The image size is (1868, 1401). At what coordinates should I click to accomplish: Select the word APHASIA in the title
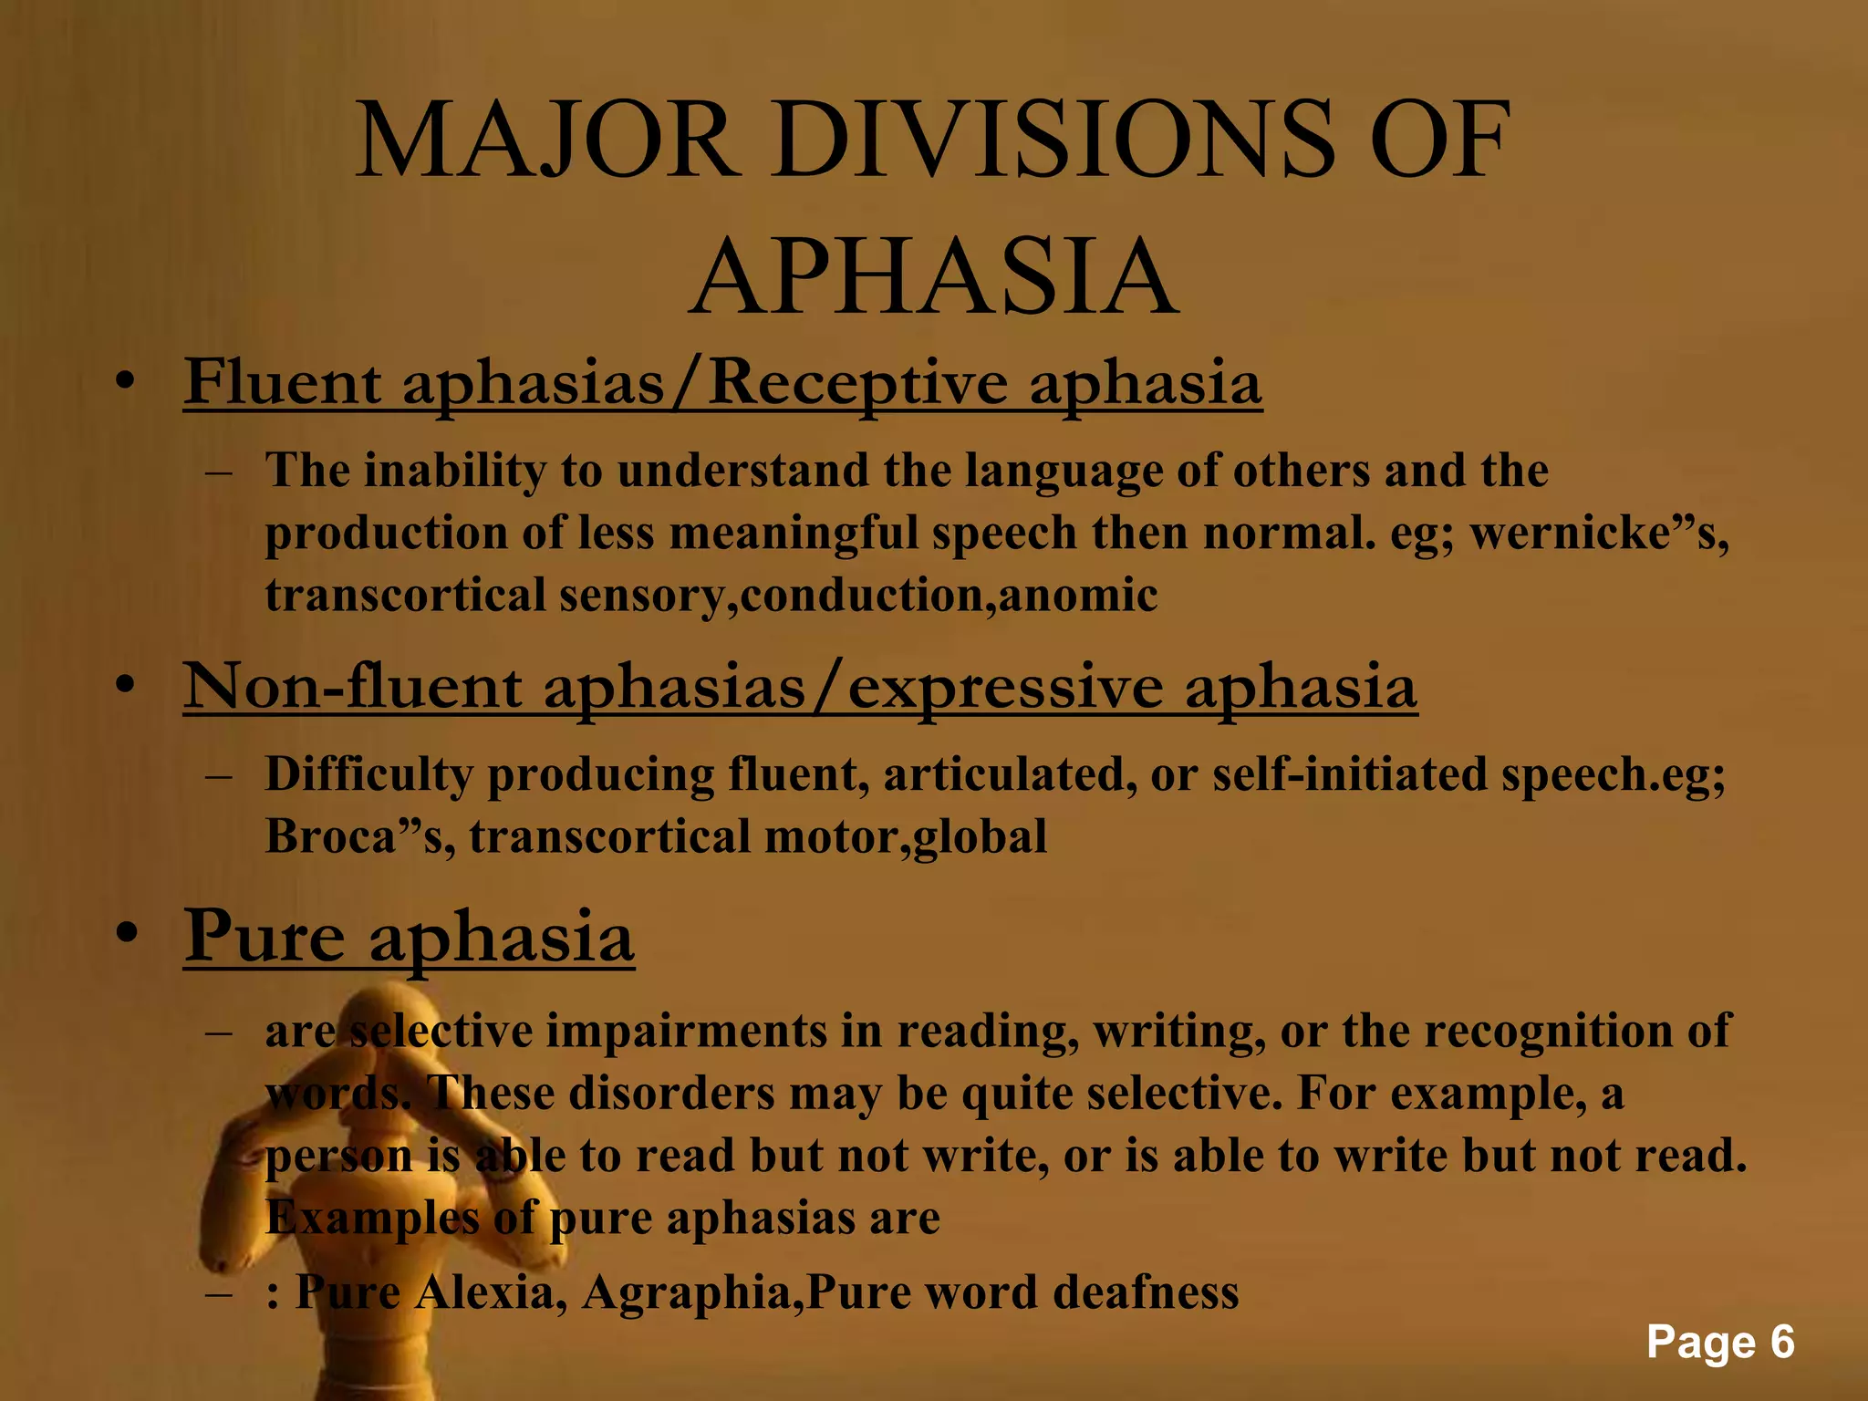point(933,277)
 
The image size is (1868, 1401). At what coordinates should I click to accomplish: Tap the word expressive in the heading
point(1005,688)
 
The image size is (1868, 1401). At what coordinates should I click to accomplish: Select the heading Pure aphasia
point(409,938)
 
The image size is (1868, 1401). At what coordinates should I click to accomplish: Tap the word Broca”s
point(359,836)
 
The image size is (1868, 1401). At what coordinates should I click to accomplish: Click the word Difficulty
point(368,775)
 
